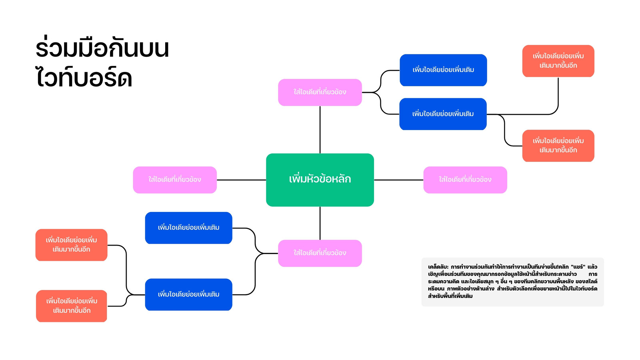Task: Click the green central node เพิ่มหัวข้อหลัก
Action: tap(320, 180)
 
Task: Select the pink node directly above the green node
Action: tap(320, 92)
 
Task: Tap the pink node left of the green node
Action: tap(175, 180)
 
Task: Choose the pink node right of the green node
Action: tap(465, 180)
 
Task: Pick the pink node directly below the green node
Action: tap(320, 253)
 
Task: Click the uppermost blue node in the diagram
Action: tap(443, 70)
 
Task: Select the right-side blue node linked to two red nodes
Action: tap(443, 114)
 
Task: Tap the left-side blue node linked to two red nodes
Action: tap(188, 294)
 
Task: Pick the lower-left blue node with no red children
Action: tap(188, 228)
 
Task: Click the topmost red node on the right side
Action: tap(558, 61)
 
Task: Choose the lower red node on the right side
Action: tap(558, 146)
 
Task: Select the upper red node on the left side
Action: tap(71, 245)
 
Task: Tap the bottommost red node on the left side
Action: tap(72, 306)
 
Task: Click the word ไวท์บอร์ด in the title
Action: tap(84, 78)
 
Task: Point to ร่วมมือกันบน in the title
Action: tap(102, 48)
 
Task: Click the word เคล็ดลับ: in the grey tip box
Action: tap(438, 267)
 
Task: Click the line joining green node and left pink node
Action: tap(241, 180)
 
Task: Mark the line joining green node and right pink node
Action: tap(398, 180)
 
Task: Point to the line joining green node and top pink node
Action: tap(320, 130)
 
